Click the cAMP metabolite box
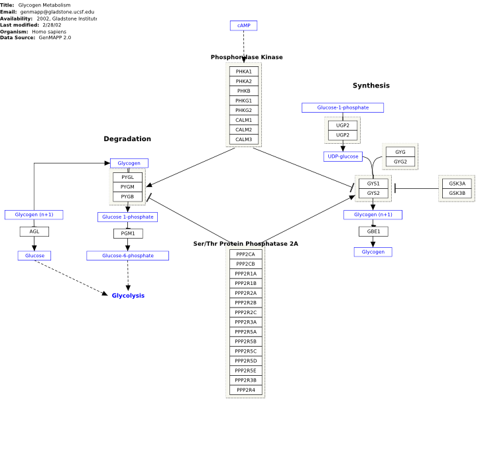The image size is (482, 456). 243,25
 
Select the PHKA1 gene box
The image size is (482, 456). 244,72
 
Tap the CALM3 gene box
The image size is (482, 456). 244,139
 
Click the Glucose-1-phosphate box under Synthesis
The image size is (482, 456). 343,107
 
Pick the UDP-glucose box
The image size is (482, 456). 343,156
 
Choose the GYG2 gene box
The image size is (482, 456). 400,162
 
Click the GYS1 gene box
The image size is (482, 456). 373,184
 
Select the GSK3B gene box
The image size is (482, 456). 457,194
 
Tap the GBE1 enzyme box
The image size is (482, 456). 373,231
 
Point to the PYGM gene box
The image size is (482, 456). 127,187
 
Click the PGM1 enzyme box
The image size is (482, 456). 128,233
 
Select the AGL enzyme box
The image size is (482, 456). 34,232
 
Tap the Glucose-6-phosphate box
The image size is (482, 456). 127,256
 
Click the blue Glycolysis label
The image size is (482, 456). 128,296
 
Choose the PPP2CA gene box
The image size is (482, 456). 245,255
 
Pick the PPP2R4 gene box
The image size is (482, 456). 245,390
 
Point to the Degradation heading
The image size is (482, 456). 127,139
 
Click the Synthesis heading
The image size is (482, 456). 371,85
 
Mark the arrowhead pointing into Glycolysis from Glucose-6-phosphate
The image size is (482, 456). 128,288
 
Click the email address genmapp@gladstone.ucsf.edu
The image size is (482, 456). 57,12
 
